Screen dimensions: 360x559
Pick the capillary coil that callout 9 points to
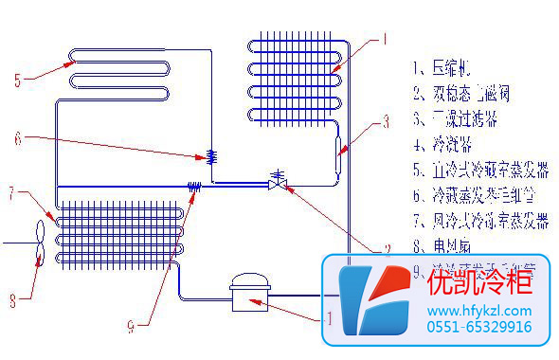194,187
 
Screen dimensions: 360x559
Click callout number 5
18,81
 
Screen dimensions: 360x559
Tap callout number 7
12,196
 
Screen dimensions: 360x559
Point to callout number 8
12,301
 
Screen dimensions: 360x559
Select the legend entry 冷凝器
445,146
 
